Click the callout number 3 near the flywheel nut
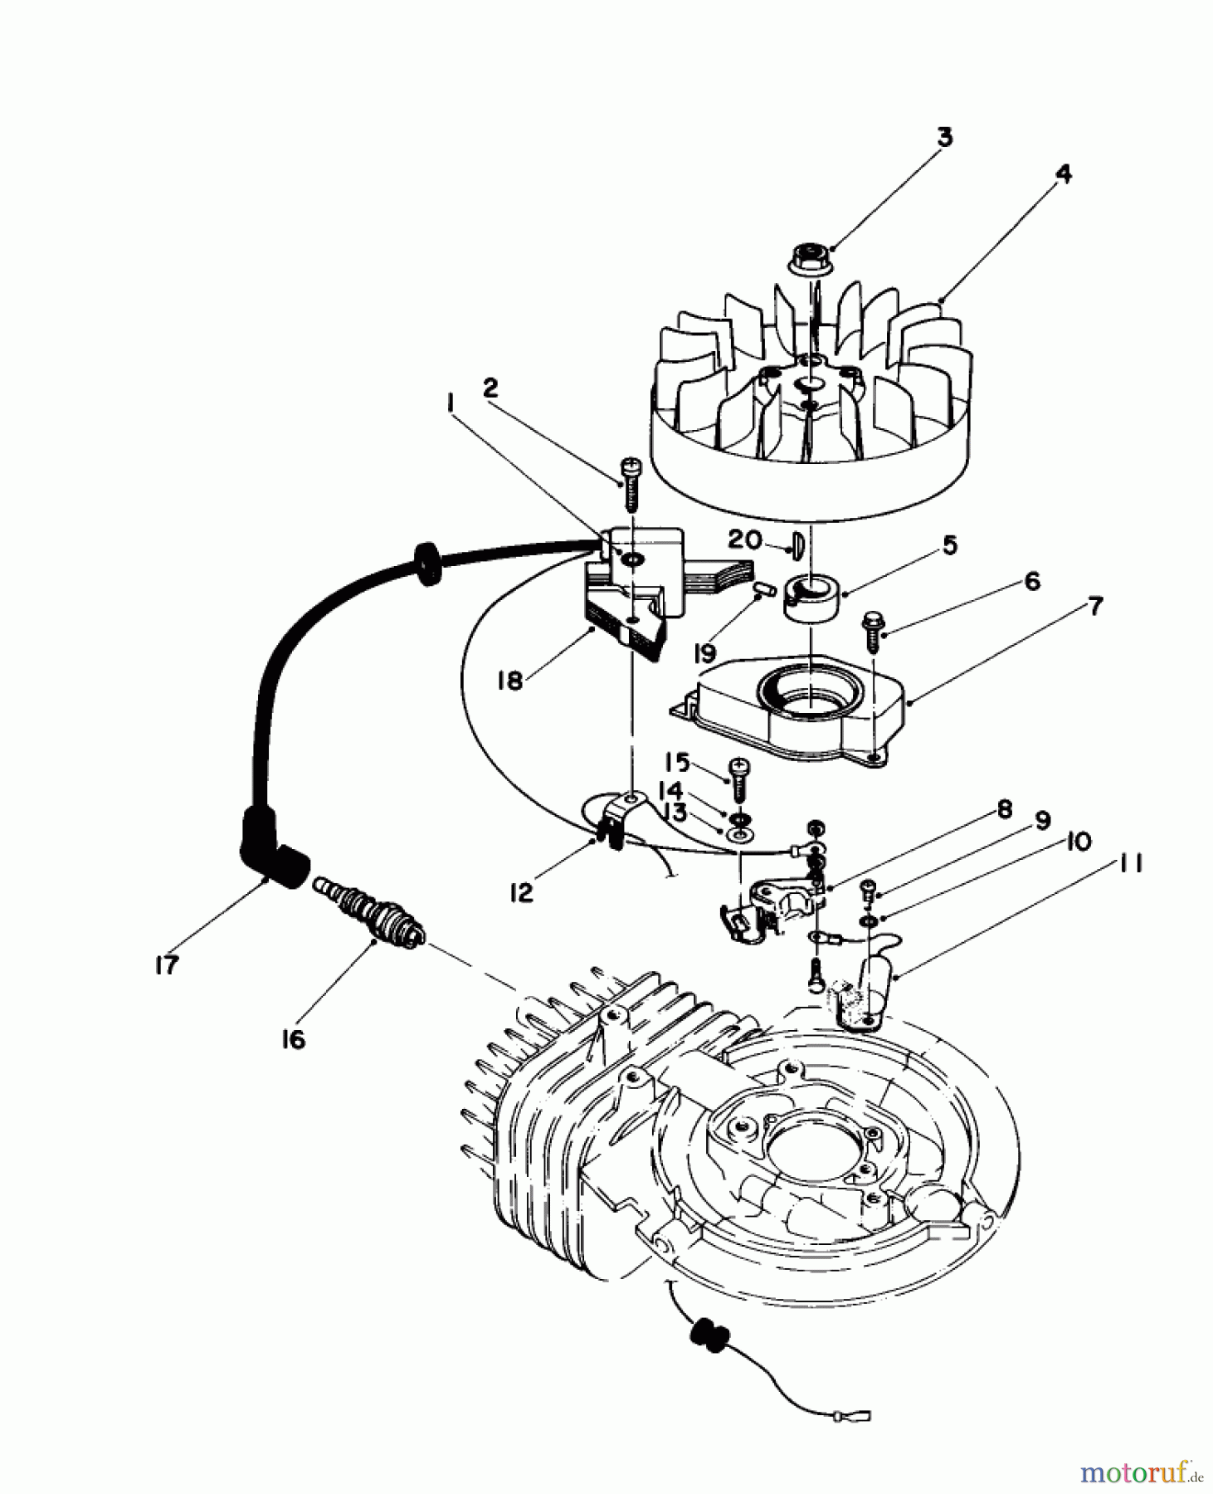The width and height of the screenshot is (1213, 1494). [x=945, y=138]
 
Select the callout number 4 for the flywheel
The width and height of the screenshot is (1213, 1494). [x=1063, y=175]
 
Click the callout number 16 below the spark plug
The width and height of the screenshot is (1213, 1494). [x=293, y=1038]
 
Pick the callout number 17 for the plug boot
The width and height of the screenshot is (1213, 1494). [x=167, y=964]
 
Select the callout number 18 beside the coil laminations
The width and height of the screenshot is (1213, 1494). [x=509, y=681]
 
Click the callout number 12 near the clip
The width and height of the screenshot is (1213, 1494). [x=521, y=894]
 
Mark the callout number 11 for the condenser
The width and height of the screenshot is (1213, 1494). [x=1130, y=865]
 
